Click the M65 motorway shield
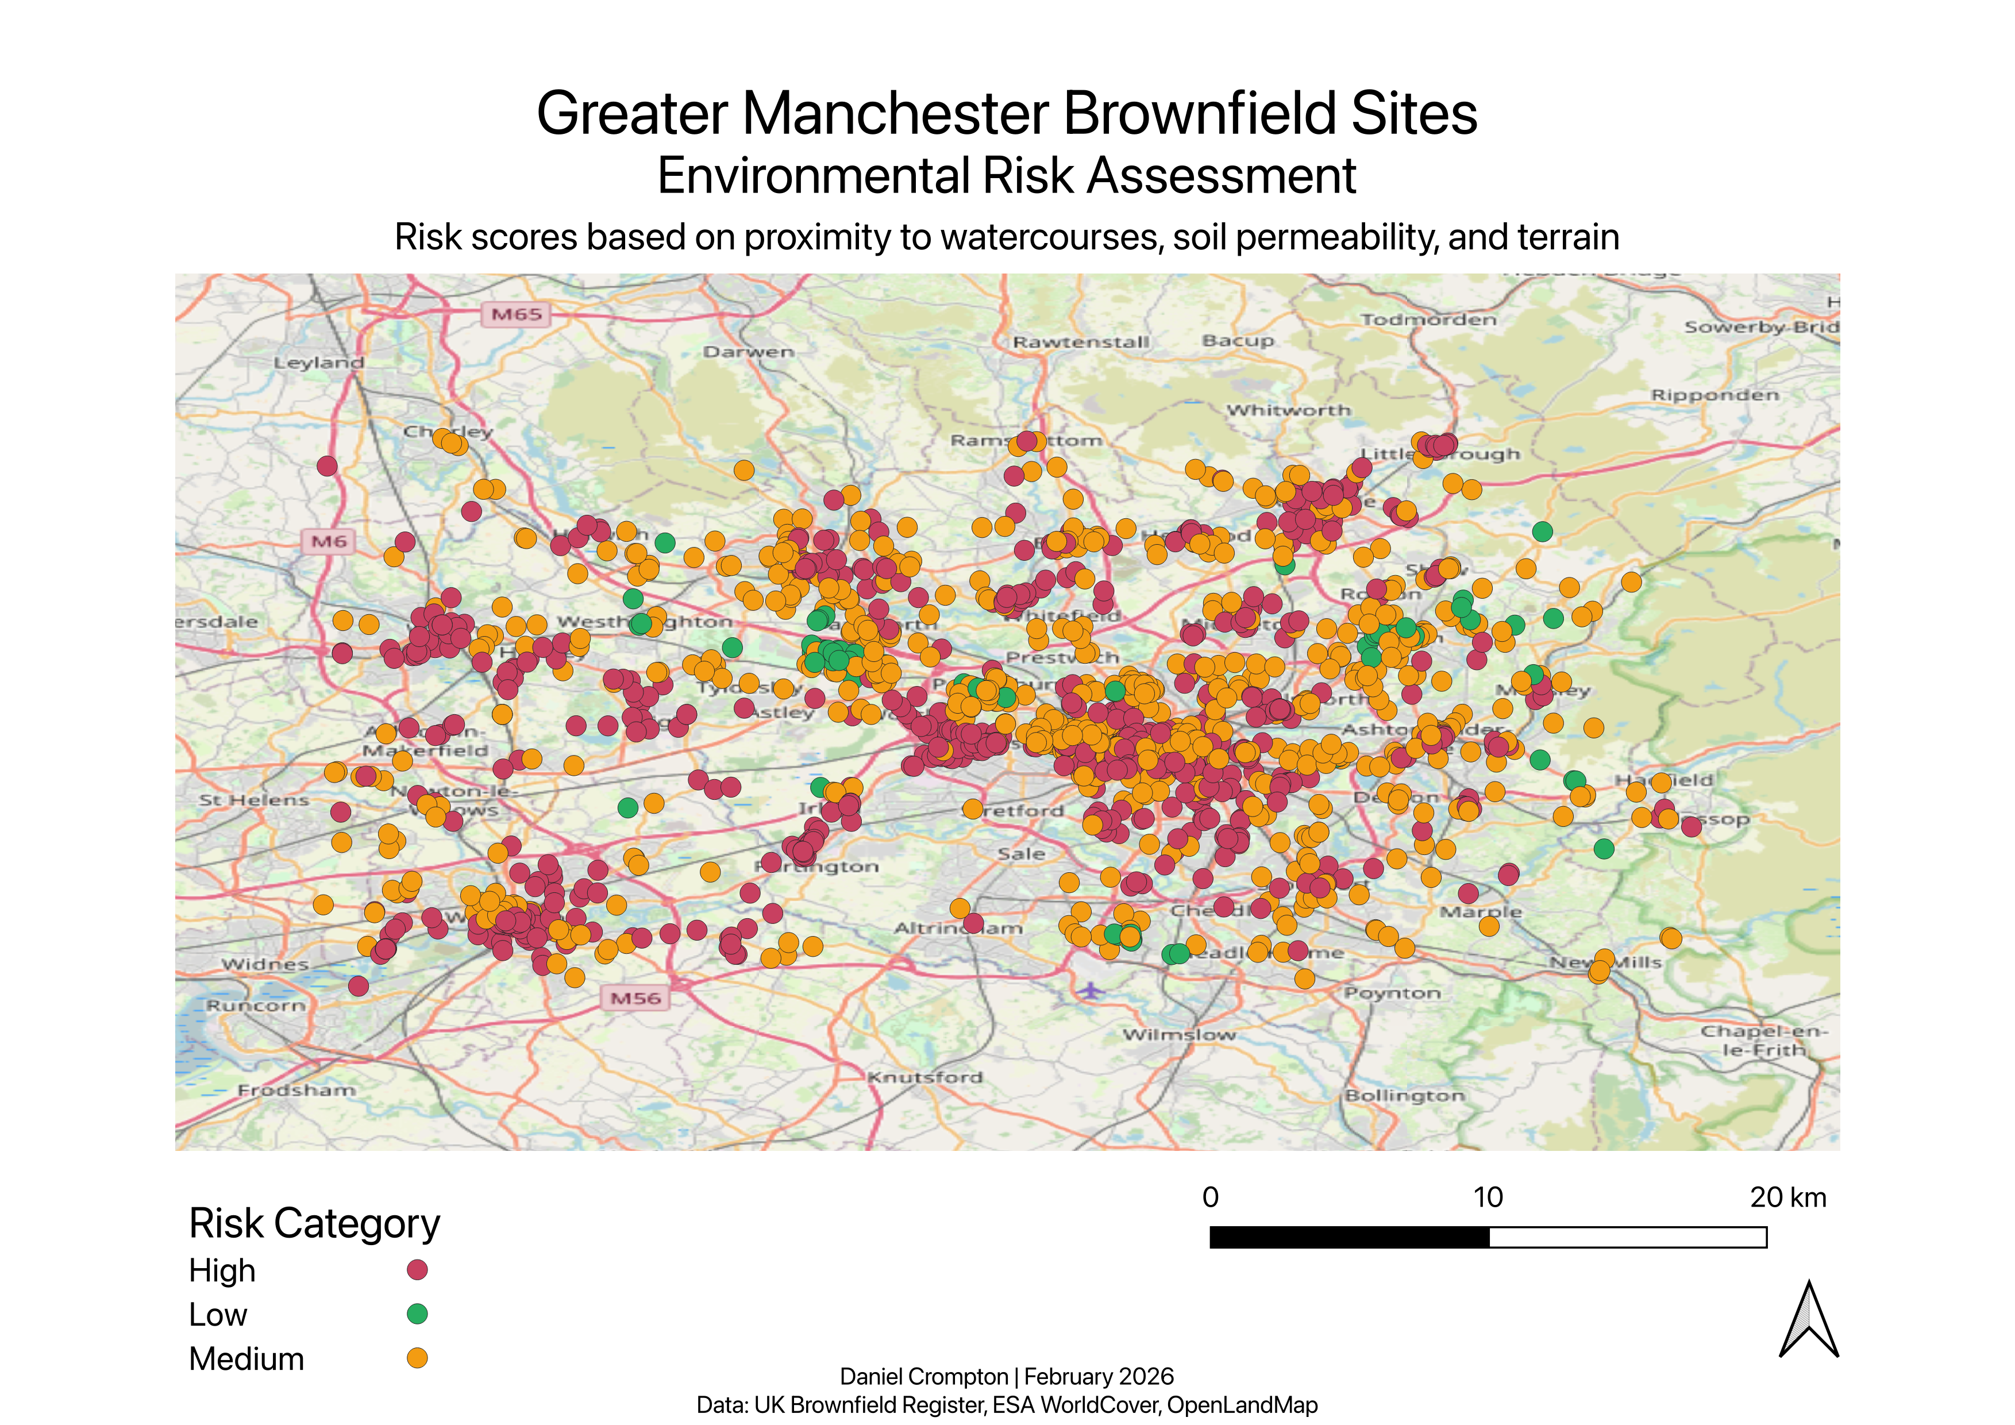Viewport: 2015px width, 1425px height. (516, 314)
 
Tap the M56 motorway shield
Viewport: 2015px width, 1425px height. (635, 997)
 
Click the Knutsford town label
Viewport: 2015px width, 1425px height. (925, 1077)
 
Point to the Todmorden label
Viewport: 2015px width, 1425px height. (1428, 319)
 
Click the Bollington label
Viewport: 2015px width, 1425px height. (1404, 1095)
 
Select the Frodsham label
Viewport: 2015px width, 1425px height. (296, 1090)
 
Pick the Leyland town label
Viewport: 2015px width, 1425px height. (318, 363)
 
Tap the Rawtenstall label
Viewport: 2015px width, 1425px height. (1080, 341)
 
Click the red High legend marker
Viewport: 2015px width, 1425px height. (417, 1270)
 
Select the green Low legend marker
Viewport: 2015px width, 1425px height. (417, 1314)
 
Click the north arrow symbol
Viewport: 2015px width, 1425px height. (1809, 1320)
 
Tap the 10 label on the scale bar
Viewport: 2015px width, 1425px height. (1488, 1197)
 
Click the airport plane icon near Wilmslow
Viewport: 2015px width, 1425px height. (1090, 990)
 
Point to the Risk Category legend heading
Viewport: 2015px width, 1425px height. (314, 1223)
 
